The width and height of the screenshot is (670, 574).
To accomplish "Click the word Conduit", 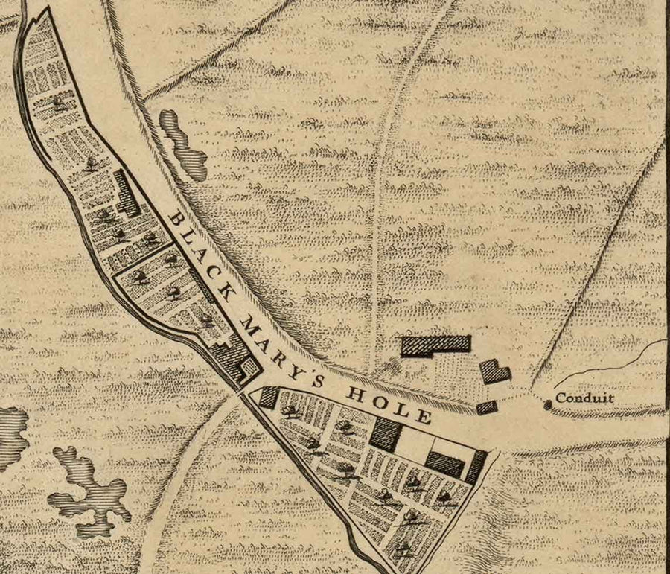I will (585, 398).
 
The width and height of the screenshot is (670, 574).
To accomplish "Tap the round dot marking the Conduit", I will (548, 403).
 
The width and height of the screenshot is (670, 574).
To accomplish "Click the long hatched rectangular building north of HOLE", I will (436, 344).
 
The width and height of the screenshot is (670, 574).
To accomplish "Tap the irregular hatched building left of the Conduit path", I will (494, 371).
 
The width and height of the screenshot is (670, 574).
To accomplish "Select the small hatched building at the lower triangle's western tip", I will (269, 397).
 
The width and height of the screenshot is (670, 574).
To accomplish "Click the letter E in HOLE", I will (423, 416).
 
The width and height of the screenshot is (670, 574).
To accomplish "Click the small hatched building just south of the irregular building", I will (486, 407).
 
